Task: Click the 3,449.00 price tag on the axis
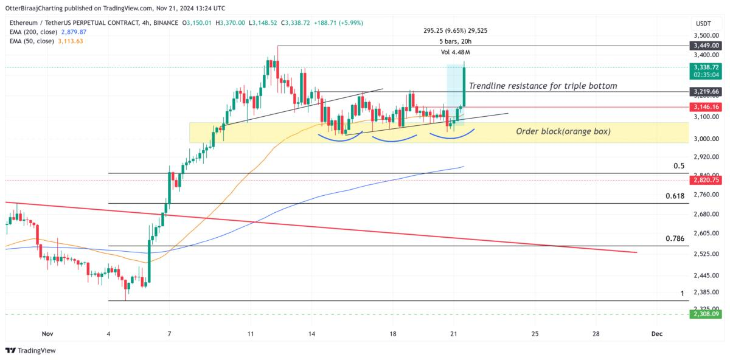click(706, 46)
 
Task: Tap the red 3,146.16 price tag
click(706, 106)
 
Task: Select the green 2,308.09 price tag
click(706, 314)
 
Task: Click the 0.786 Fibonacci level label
click(675, 238)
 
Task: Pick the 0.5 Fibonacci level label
click(679, 165)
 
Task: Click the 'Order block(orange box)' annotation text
click(563, 131)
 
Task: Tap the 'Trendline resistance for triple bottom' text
click(543, 86)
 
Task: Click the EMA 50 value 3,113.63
click(71, 41)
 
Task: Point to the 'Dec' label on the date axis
click(656, 334)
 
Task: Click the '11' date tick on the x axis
click(251, 334)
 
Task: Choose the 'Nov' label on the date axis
click(47, 334)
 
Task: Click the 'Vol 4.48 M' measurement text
click(455, 52)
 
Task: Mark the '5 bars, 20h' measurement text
click(455, 41)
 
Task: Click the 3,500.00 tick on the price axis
click(706, 36)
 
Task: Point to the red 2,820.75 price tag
click(706, 180)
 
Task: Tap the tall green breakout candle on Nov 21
click(464, 85)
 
